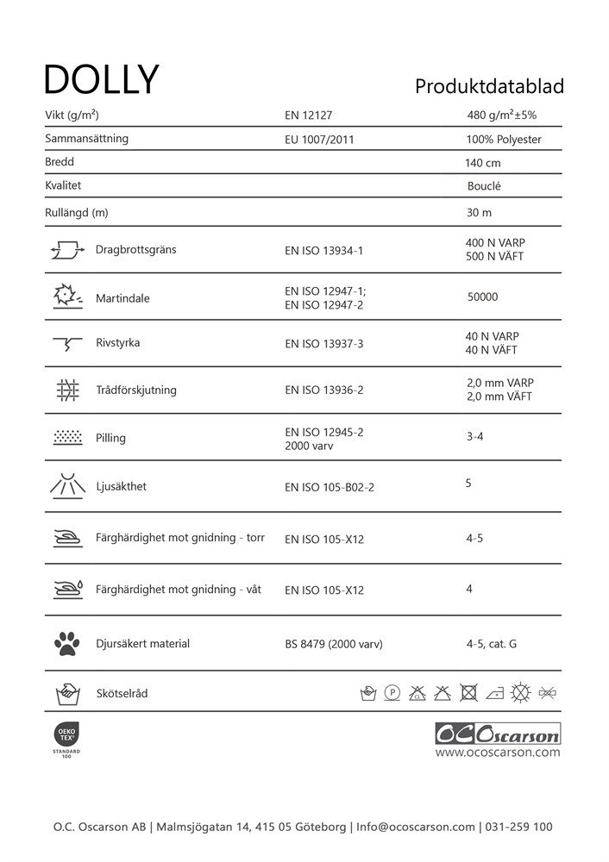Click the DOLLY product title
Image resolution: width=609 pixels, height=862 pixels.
tap(102, 79)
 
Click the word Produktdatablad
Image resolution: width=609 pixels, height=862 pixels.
tap(489, 87)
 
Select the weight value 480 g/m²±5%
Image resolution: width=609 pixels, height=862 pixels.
tap(502, 116)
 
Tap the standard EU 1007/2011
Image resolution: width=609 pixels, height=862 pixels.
tap(319, 140)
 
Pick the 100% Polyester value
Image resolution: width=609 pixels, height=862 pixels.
tap(504, 140)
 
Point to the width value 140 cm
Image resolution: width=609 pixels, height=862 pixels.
tap(483, 163)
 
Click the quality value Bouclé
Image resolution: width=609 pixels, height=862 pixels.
tap(484, 186)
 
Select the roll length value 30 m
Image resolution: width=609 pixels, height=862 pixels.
tap(480, 213)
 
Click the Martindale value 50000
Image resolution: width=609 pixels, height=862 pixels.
tap(483, 297)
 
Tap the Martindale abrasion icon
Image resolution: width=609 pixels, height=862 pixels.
tap(66, 297)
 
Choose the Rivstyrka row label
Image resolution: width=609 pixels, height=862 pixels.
tap(117, 343)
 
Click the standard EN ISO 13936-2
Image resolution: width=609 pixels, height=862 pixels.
tap(324, 390)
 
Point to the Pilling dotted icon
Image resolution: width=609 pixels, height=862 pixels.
tap(67, 437)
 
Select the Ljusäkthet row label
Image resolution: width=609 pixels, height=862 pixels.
tap(121, 487)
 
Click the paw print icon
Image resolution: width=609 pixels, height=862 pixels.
tap(66, 643)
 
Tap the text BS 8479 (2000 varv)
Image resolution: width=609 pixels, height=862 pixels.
tap(334, 645)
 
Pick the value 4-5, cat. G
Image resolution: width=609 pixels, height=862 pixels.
tap(492, 644)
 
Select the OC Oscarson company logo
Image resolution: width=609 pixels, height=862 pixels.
tap(498, 734)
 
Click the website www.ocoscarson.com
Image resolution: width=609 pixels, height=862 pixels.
tap(498, 753)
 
